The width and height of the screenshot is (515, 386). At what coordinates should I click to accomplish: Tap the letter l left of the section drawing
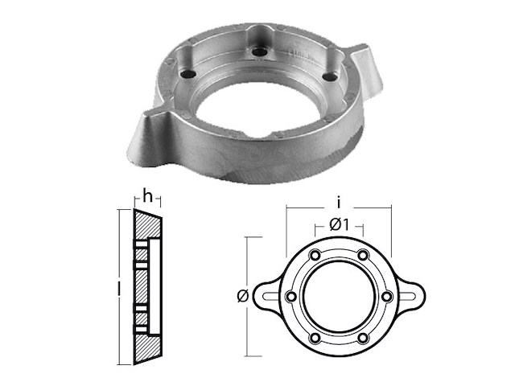118,285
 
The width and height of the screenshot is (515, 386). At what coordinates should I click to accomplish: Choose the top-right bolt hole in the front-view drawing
364,256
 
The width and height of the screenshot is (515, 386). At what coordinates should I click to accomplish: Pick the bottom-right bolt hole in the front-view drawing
364,336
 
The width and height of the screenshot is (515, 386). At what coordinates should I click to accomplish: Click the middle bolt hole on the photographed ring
259,52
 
